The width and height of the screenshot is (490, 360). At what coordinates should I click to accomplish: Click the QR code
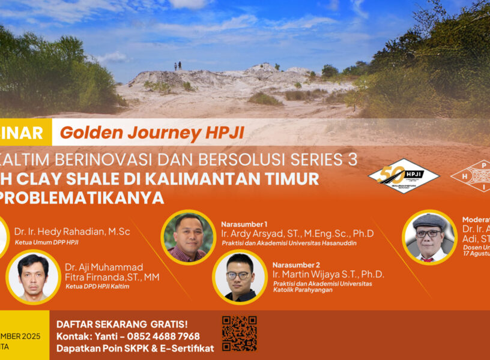click(x=239, y=332)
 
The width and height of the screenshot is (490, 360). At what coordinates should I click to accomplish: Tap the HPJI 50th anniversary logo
click(x=404, y=176)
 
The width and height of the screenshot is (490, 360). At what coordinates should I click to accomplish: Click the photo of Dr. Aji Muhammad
click(x=33, y=277)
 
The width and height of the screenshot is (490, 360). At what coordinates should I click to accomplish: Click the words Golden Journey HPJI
click(x=152, y=133)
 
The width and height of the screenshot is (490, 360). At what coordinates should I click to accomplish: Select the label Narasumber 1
click(x=244, y=223)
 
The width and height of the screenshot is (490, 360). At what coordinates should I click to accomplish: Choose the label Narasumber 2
click(x=296, y=265)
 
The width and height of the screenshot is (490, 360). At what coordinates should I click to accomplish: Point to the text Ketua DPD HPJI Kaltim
click(x=97, y=286)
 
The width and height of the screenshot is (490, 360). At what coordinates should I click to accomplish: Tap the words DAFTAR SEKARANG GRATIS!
click(x=122, y=324)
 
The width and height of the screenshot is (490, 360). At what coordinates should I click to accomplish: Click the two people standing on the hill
click(x=178, y=65)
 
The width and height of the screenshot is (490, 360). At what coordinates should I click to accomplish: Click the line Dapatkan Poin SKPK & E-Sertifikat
click(x=135, y=348)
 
